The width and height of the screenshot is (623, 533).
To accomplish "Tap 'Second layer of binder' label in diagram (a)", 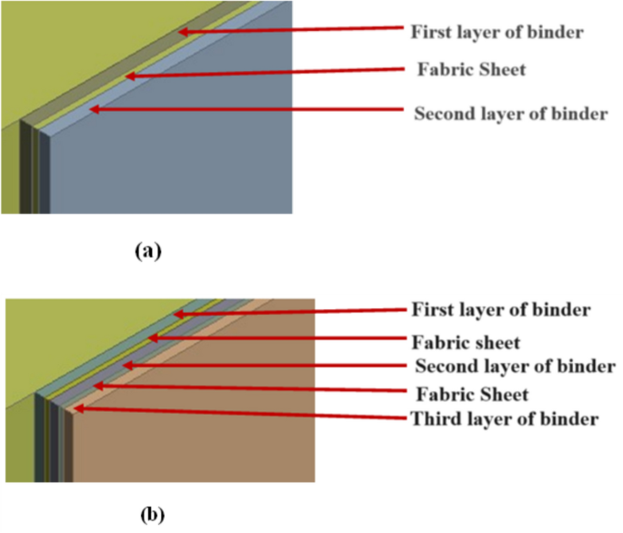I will coord(509,115).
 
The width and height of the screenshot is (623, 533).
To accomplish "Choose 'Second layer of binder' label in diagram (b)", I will coord(515,367).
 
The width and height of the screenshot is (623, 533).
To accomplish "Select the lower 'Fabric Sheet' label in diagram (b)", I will coord(472,395).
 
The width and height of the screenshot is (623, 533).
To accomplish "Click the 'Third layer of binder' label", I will coord(505,419).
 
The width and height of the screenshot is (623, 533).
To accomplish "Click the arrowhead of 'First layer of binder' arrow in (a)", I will coord(181,32).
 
